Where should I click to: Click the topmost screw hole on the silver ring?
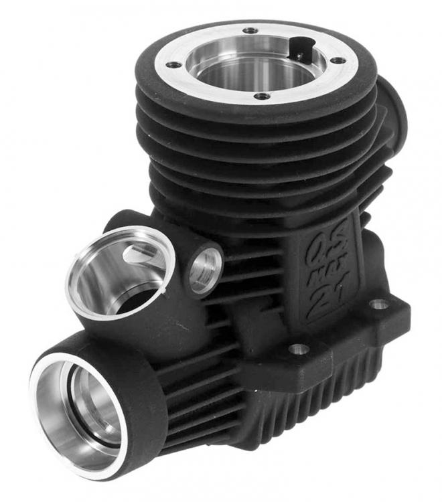(250, 30)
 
